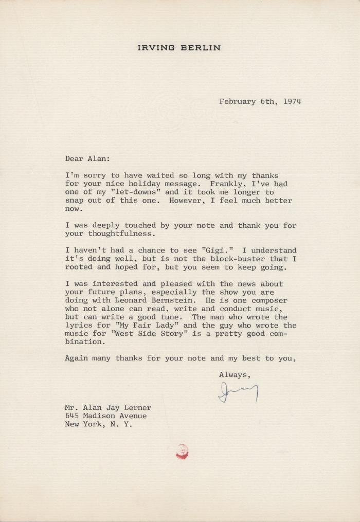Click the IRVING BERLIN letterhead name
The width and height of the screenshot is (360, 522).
pyautogui.click(x=179, y=48)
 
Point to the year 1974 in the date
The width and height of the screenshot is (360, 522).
pyautogui.click(x=292, y=101)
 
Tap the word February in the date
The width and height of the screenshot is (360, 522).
pyautogui.click(x=238, y=101)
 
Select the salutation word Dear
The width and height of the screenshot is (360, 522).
pyautogui.click(x=74, y=159)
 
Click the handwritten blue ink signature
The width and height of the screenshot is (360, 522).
pyautogui.click(x=238, y=393)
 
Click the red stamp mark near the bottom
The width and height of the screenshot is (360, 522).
pyautogui.click(x=182, y=451)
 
